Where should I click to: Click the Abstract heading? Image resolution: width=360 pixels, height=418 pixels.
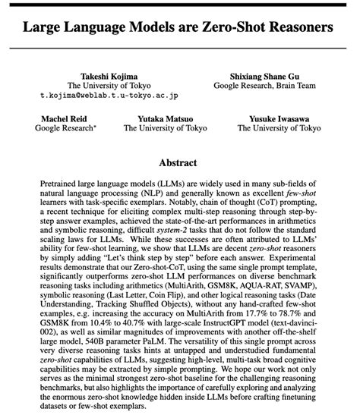179,162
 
